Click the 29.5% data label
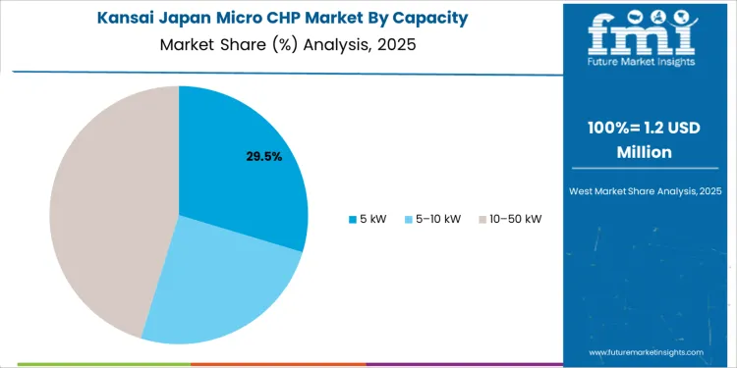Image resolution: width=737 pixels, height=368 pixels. tap(264, 156)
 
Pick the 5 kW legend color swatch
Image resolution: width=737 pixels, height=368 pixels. tap(354, 218)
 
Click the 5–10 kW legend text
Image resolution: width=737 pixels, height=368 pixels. tap(438, 218)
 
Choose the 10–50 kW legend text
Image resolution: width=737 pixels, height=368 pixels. tap(515, 218)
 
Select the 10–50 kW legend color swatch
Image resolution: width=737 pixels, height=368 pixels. tap(482, 218)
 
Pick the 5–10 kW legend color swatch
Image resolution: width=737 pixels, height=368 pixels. tap(408, 218)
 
